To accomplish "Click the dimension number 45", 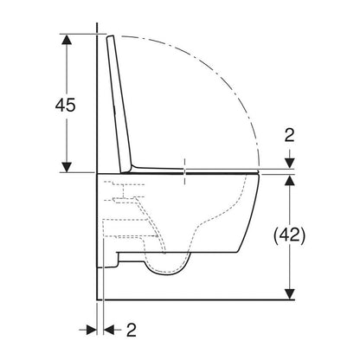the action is tap(65, 105).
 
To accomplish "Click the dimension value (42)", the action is tap(289, 235).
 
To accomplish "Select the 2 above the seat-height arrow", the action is tap(289, 135).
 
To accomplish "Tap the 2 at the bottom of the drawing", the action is tap(132, 330).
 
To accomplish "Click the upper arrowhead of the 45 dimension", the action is tap(67, 40).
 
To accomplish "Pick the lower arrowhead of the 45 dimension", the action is tap(67, 167).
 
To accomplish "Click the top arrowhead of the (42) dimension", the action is tap(290, 180).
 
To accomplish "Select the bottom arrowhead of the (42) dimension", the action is tap(290, 294).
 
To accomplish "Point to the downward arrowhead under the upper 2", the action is tap(290, 164).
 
